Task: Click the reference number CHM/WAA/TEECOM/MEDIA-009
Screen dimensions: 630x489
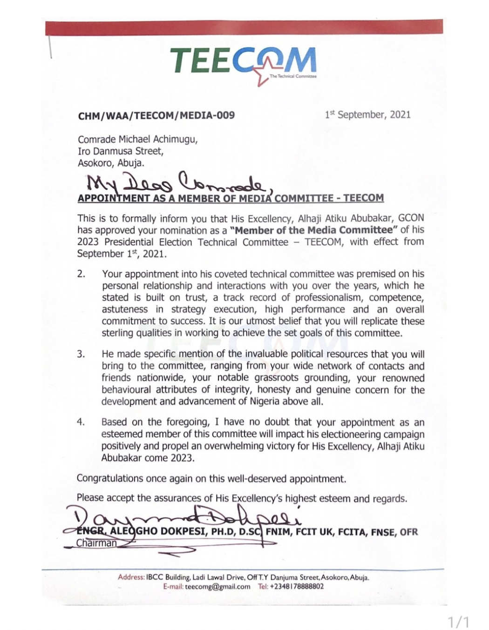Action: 156,115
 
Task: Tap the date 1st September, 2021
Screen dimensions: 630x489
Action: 367,114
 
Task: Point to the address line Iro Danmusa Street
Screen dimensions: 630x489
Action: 120,151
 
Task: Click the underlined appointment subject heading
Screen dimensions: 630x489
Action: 231,198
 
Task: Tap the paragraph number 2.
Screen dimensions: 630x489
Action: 81,274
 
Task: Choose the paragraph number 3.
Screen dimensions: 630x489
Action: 81,355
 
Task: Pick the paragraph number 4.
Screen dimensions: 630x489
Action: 81,422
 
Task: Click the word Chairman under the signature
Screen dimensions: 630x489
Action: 96,543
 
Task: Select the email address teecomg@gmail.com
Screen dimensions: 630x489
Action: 217,587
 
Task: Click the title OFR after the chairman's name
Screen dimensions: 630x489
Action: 408,532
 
